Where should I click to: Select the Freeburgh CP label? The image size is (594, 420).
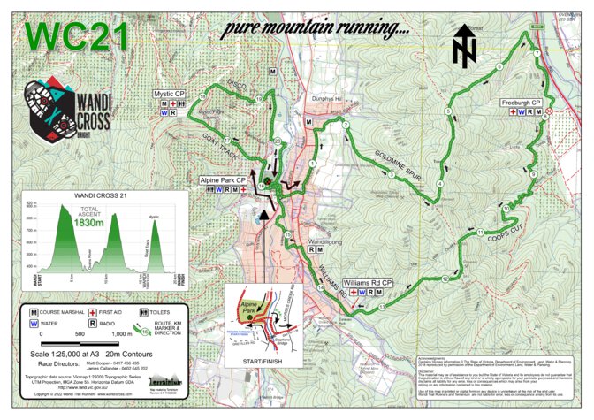[522, 102]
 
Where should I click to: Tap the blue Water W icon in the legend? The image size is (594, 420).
[34, 324]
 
